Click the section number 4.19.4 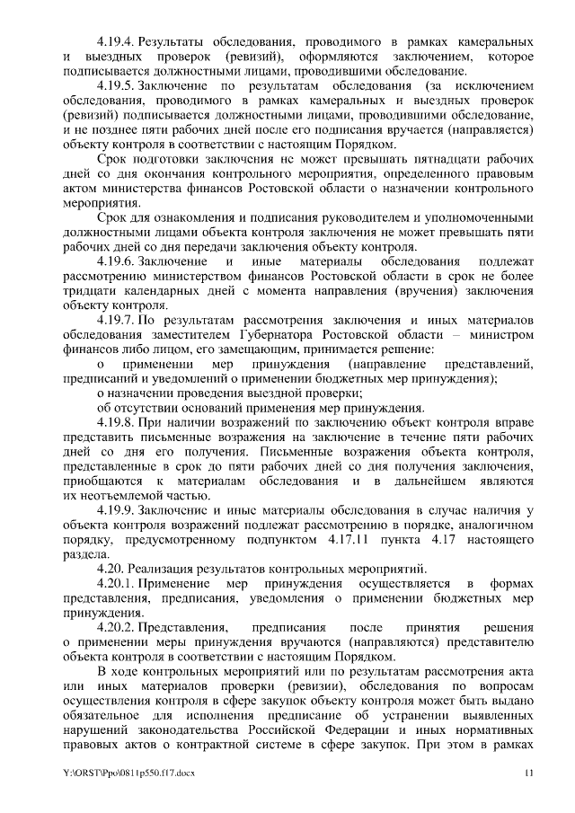coord(115,42)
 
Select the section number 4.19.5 coord(115,85)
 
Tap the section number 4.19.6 coord(115,261)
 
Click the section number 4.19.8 coord(115,421)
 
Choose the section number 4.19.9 coord(115,509)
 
